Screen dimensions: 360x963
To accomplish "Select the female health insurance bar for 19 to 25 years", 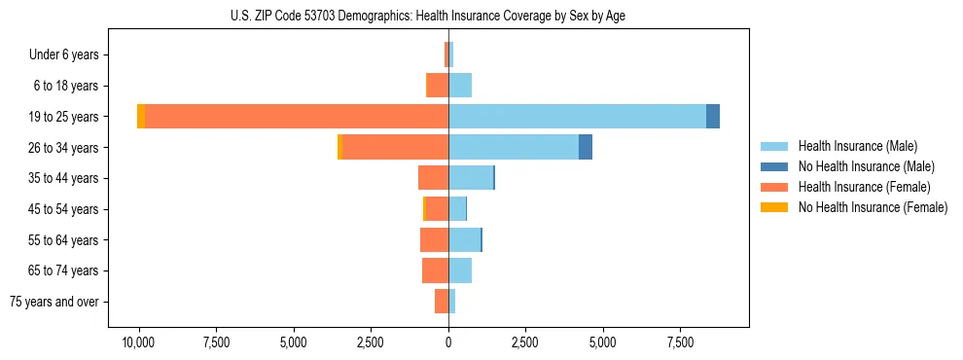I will (297, 116).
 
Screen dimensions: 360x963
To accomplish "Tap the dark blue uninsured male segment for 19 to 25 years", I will (713, 116).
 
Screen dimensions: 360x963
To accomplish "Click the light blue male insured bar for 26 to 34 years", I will (514, 147).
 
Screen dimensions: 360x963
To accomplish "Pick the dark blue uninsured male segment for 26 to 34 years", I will (586, 147).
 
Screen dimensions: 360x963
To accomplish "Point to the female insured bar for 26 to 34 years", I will (395, 147).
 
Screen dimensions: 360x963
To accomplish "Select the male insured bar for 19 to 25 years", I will (577, 116).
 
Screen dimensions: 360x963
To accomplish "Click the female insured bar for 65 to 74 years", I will (435, 270).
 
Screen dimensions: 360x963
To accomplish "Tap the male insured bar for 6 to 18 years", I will (460, 86).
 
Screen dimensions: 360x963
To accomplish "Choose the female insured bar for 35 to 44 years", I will (433, 178).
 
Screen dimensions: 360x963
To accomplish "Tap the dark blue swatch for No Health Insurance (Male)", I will (774, 166).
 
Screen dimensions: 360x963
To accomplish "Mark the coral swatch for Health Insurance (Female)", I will (774, 187).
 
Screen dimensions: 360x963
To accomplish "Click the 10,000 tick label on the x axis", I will (138, 342).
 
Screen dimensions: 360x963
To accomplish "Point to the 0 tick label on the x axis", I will (448, 342).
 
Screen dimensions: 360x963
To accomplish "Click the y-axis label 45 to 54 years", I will (66, 209).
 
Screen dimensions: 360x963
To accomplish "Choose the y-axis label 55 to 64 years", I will (66, 240).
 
